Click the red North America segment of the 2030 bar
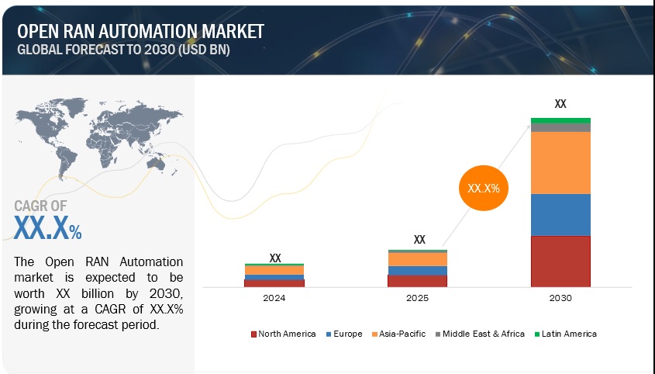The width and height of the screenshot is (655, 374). pyautogui.click(x=560, y=261)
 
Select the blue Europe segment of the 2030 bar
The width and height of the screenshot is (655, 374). pyautogui.click(x=560, y=214)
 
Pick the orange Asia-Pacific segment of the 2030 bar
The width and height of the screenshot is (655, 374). pyautogui.click(x=560, y=162)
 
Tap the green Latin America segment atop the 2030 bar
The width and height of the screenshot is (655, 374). pyautogui.click(x=560, y=120)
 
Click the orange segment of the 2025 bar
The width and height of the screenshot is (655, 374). pyautogui.click(x=417, y=259)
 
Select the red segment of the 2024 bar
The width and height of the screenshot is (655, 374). pyautogui.click(x=264, y=283)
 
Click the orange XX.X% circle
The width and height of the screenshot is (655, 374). pyautogui.click(x=484, y=188)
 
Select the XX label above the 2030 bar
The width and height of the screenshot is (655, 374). pyautogui.click(x=560, y=102)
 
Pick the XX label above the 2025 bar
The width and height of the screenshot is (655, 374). pyautogui.click(x=419, y=240)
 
